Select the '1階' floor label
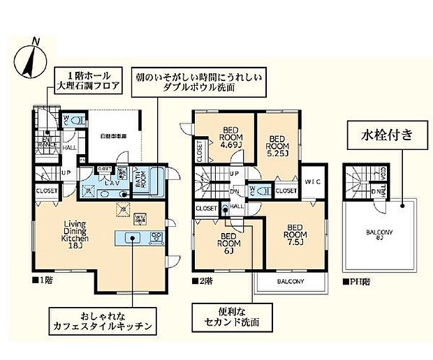[x=43, y=281]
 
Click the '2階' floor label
[x=202, y=281]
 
